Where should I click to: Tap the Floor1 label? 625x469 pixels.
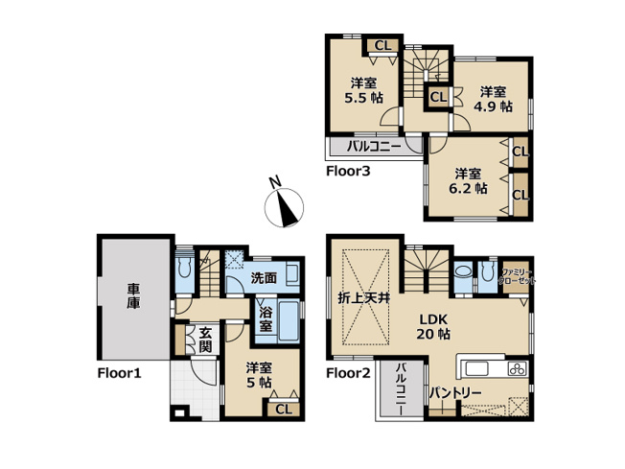point(119,373)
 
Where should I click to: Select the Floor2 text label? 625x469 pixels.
point(349,372)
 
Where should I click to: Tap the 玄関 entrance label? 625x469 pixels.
point(203,340)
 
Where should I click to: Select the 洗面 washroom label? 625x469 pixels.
point(264,278)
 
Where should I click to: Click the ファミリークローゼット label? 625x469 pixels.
point(518,277)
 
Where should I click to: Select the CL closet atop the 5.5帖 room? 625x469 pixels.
point(382,45)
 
